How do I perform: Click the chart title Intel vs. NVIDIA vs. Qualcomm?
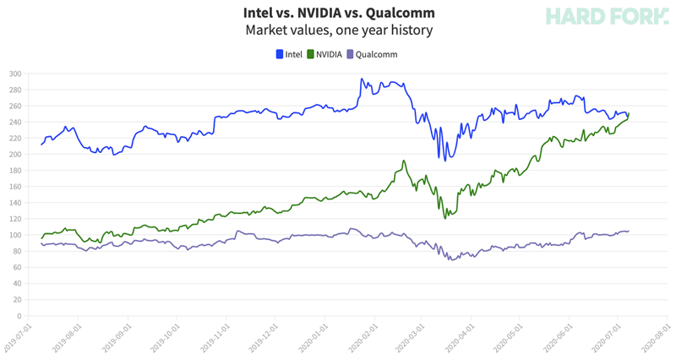tap(338, 14)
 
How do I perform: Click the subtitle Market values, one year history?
tap(338, 30)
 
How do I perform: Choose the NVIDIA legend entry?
tap(324, 54)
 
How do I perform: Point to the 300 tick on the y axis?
tap(15, 74)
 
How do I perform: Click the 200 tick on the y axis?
tap(15, 155)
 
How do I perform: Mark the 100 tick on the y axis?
tap(15, 235)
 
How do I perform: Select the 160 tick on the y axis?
tap(15, 187)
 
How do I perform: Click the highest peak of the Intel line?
tap(362, 79)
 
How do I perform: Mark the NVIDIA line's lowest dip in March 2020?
tap(444, 218)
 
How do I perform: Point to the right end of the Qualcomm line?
tap(629, 231)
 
